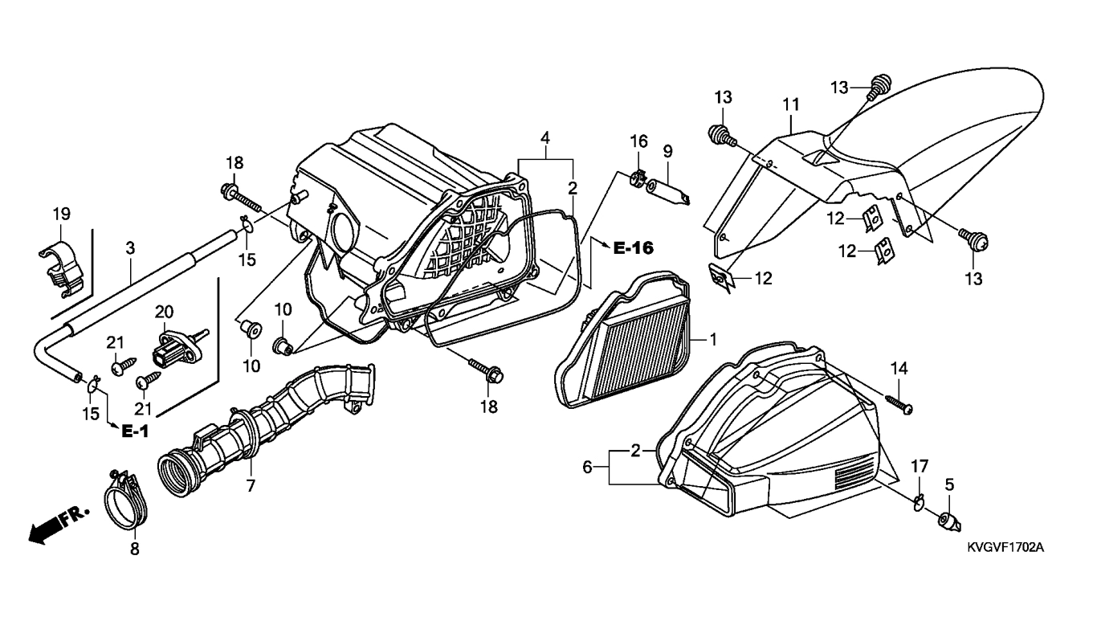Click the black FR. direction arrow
point(59,524)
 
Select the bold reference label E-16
point(633,248)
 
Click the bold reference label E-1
point(135,431)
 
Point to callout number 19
point(62,215)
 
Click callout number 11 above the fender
point(791,105)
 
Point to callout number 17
point(920,466)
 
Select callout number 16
point(638,141)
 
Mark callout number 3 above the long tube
point(130,248)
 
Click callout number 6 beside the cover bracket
point(587,467)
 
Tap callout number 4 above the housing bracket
point(545,138)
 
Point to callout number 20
point(165,312)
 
